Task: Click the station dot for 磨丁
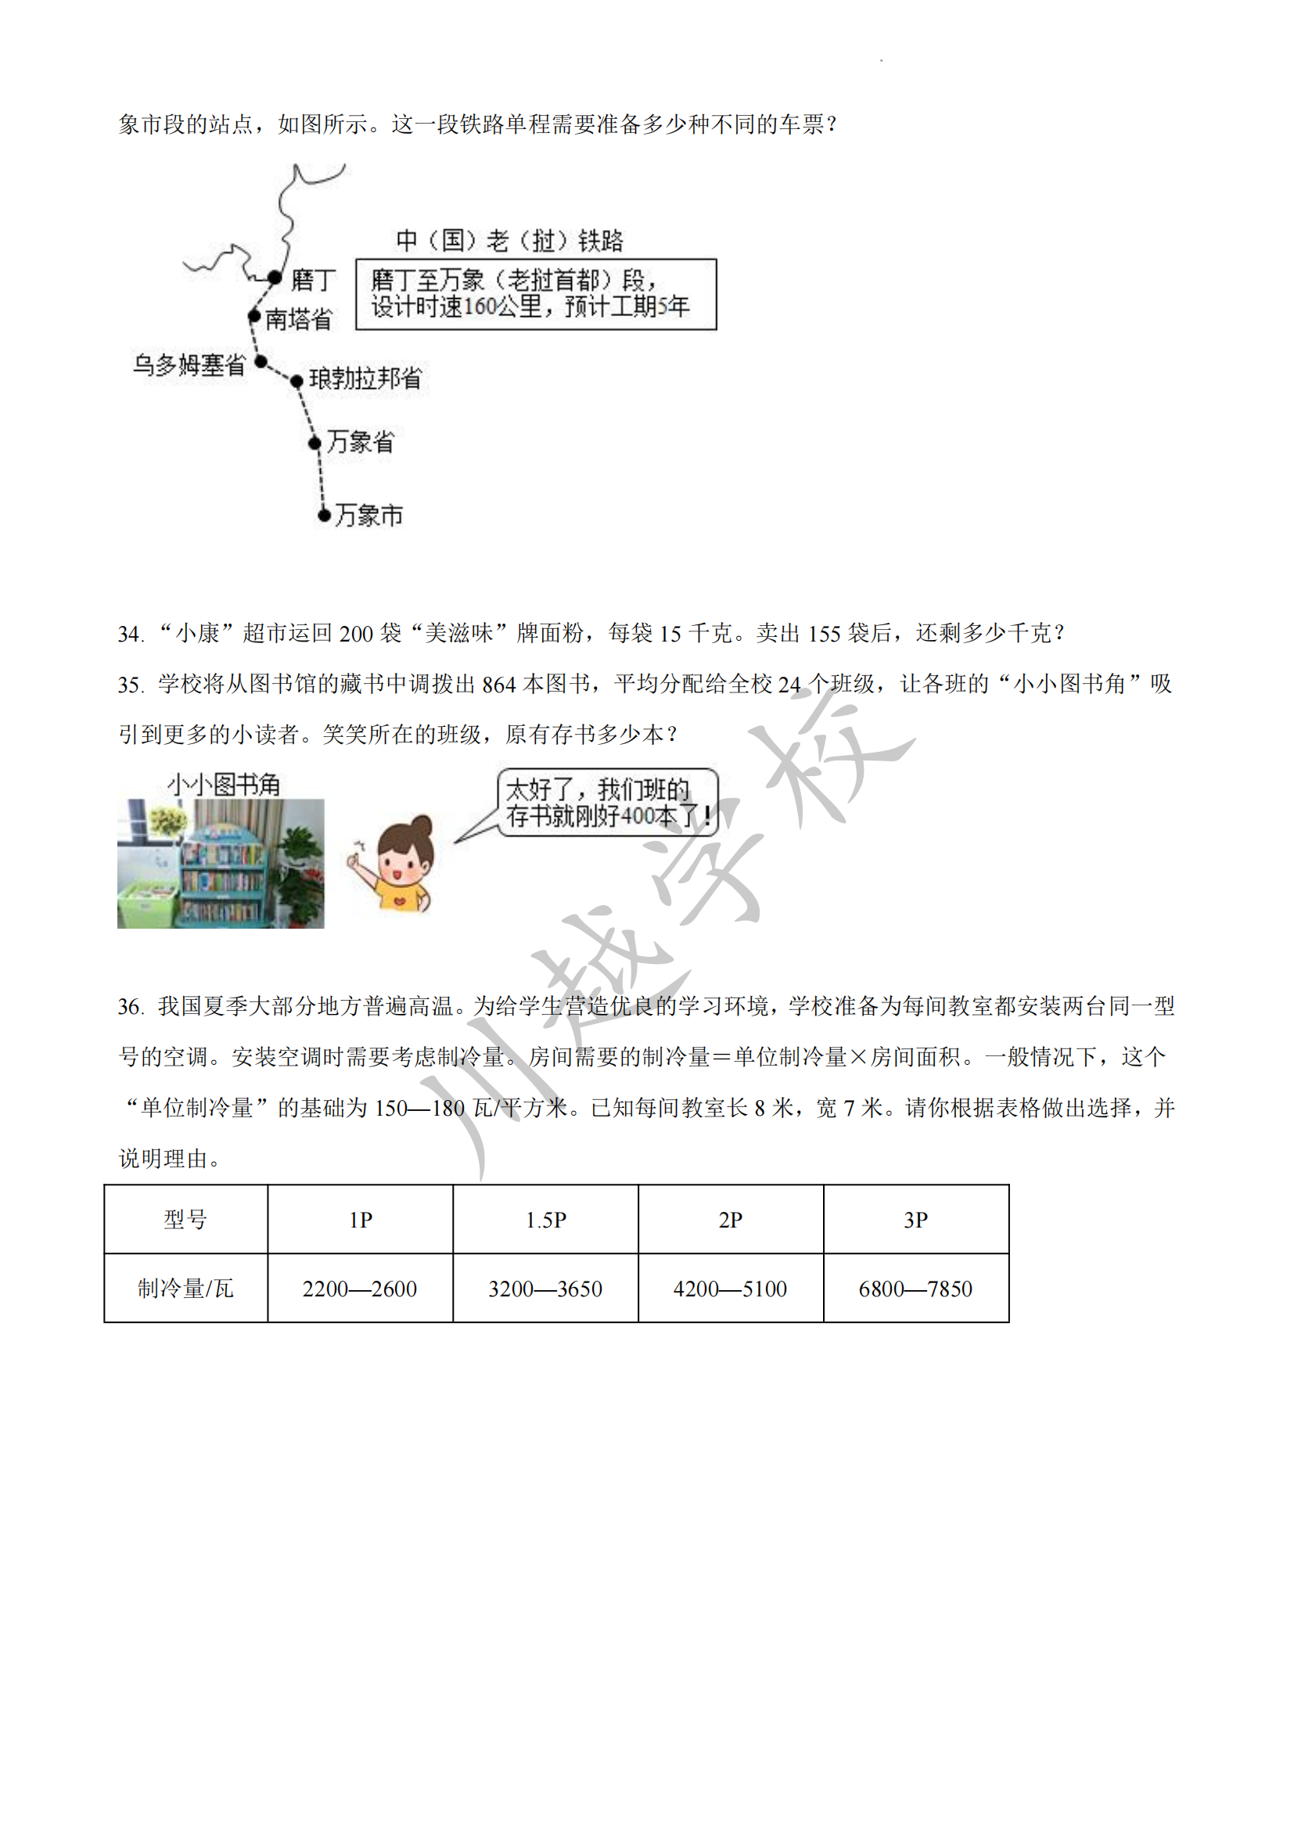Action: pos(275,278)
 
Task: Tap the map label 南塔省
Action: pos(298,318)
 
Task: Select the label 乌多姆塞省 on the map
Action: pos(189,365)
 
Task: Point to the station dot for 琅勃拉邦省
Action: pos(297,381)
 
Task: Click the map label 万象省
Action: pos(360,441)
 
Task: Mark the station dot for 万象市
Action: pos(324,515)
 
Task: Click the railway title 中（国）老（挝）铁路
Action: pos(509,240)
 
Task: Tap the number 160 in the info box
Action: pos(480,307)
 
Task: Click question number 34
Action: pos(130,635)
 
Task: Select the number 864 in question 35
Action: pos(499,685)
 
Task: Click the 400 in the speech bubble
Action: pos(637,816)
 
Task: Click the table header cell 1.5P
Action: pos(546,1221)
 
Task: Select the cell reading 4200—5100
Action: pos(730,1289)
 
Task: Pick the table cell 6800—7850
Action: pos(915,1289)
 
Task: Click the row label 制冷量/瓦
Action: pos(185,1289)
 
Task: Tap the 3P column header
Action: pos(915,1221)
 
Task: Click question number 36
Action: pos(130,1008)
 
